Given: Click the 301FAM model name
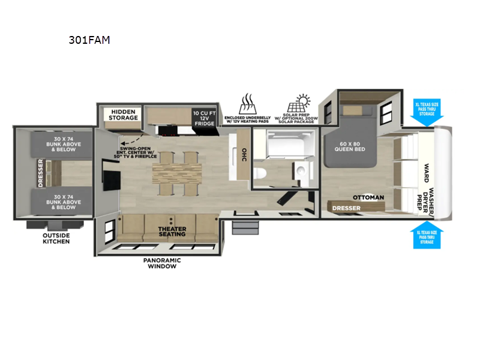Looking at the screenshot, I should [x=89, y=41].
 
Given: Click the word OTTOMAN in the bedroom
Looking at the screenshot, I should [x=368, y=197].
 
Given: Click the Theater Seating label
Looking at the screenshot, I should [x=172, y=232].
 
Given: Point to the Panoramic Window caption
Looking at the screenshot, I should [x=162, y=263].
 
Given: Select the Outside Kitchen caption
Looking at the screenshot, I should [x=56, y=238].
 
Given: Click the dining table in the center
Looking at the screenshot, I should [x=173, y=173].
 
